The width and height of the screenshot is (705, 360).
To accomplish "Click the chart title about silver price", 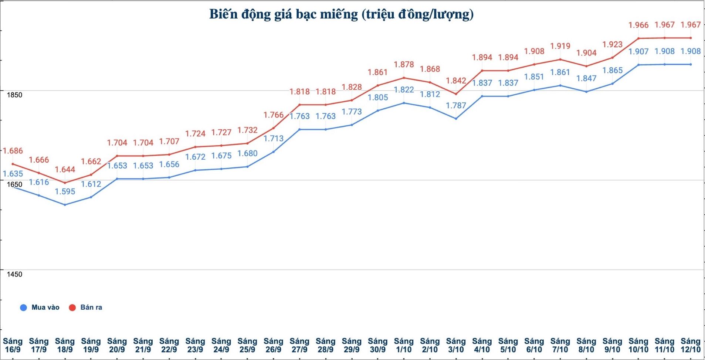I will pyautogui.click(x=341, y=14).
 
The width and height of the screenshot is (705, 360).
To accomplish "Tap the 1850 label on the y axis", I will pyautogui.click(x=14, y=95).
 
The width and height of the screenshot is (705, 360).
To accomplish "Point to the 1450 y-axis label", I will pyautogui.click(x=14, y=274).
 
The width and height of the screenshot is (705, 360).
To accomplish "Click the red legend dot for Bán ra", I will pyautogui.click(x=72, y=308).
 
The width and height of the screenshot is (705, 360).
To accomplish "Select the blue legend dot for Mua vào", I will pyautogui.click(x=23, y=308).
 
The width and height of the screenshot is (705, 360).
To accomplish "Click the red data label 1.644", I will pyautogui.click(x=65, y=170).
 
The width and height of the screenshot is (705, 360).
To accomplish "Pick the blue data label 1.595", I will pyautogui.click(x=65, y=191).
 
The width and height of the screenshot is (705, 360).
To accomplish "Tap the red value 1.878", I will pyautogui.click(x=404, y=65).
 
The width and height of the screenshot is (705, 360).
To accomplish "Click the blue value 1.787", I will pyautogui.click(x=456, y=106).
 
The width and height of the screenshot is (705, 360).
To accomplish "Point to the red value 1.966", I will pyautogui.click(x=638, y=25).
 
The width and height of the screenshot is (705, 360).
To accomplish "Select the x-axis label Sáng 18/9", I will pyautogui.click(x=65, y=345).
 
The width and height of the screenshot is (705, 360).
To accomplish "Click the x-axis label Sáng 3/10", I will pyautogui.click(x=456, y=345).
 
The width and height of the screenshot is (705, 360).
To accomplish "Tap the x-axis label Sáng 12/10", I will pyautogui.click(x=691, y=345).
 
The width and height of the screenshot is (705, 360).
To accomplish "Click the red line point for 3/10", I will pyautogui.click(x=456, y=94).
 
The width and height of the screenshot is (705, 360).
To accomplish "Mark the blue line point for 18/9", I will pyautogui.click(x=65, y=205).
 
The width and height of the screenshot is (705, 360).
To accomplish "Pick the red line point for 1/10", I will pyautogui.click(x=404, y=78).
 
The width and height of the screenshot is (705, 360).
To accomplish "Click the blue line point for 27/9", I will pyautogui.click(x=299, y=129).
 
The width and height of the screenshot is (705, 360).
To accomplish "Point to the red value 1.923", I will pyautogui.click(x=612, y=44).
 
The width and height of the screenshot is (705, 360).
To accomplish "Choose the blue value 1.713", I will pyautogui.click(x=273, y=139).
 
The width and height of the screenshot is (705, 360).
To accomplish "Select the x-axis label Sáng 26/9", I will pyautogui.click(x=273, y=345).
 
